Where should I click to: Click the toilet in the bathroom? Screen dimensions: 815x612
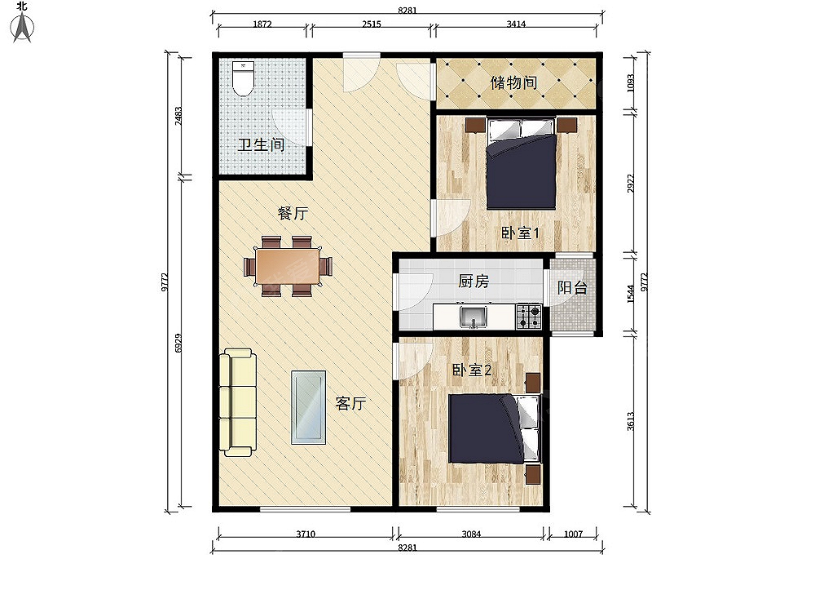243,78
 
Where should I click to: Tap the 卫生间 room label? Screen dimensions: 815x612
261,144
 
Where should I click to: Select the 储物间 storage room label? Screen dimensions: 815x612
513,82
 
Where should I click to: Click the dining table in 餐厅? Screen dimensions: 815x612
288,266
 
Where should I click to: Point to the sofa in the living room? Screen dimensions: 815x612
238,402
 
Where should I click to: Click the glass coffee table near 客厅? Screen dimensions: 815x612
308,407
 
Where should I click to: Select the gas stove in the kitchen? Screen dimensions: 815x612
529,317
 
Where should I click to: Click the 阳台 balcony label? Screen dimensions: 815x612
572,287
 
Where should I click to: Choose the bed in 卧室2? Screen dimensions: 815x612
495,428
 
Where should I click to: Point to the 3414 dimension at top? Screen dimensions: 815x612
516,24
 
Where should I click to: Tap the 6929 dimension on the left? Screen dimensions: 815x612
178,344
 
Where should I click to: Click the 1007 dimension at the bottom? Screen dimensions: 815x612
573,534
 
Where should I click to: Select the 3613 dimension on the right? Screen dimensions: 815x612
631,421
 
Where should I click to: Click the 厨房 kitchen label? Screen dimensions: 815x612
474,281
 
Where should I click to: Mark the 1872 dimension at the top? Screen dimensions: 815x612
262,24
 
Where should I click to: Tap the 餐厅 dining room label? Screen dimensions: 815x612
293,213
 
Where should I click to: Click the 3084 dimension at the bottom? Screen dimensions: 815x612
471,534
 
